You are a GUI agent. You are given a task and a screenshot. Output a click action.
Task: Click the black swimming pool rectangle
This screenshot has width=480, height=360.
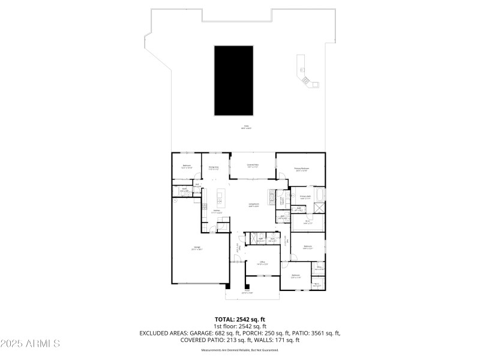pos(233,82)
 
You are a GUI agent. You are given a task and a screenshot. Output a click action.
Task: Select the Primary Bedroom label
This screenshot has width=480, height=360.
pos(302,170)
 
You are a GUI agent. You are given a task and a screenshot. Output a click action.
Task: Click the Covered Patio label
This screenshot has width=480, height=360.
pos(253,165)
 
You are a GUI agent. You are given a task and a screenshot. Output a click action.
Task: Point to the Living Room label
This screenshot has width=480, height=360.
pos(254,205)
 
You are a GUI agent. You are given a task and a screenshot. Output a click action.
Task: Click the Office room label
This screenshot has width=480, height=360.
pos(262,263)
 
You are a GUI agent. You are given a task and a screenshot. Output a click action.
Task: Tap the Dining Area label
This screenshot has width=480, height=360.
pos(213,169)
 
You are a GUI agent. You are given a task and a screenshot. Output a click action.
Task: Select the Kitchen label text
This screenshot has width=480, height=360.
pos(217,211)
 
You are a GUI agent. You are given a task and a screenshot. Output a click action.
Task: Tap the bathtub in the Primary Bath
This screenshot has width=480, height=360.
pos(318,196)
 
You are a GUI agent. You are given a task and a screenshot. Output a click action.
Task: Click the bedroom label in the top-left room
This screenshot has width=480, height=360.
pos(187,166)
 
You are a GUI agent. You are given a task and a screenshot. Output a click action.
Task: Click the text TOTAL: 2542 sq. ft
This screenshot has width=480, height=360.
pos(240,319)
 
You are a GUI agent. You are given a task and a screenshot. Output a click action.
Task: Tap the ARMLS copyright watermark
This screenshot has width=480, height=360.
pos(30,344)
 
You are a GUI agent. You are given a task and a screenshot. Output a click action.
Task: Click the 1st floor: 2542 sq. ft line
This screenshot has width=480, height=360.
pos(240,326)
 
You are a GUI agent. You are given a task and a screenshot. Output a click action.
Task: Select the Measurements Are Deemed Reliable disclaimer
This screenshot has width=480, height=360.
pos(240,349)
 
